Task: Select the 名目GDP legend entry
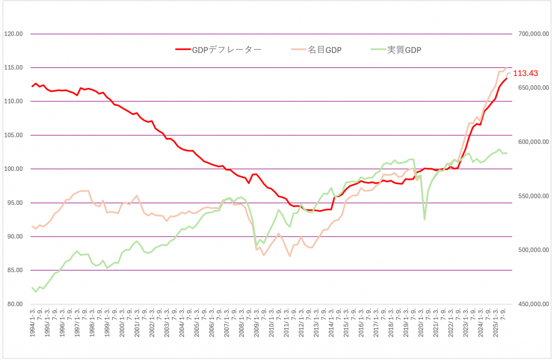[325, 50]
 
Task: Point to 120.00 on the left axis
[12, 34]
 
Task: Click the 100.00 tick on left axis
[12, 169]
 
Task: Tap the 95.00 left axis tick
[12, 203]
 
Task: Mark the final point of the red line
[507, 79]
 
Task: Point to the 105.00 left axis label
[12, 135]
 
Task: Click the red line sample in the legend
[183, 50]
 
